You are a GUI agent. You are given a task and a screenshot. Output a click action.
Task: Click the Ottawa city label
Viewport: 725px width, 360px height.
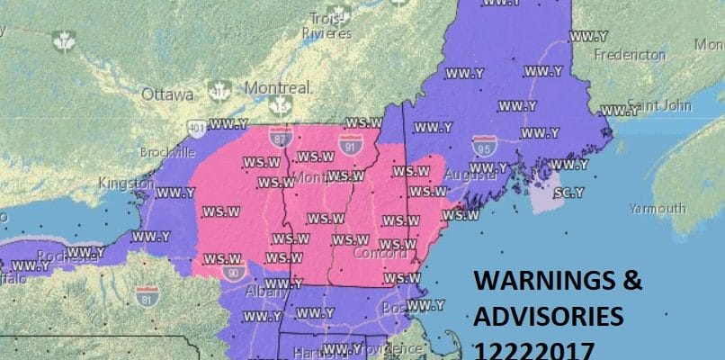tap(167, 94)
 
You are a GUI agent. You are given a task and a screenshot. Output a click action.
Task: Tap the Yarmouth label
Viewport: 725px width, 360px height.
tap(658, 208)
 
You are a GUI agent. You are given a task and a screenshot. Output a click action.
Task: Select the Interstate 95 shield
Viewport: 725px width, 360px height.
tap(483, 146)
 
